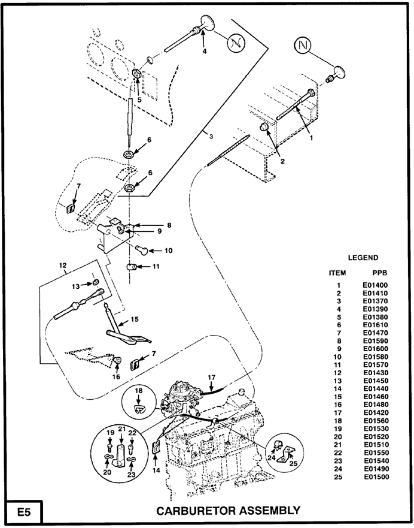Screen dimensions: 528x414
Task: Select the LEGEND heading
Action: click(363, 258)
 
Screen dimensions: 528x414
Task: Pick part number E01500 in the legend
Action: click(375, 477)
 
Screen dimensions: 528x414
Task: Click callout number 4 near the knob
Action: click(204, 52)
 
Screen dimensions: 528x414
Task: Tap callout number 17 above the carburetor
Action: click(211, 378)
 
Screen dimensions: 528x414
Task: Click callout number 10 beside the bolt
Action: click(169, 250)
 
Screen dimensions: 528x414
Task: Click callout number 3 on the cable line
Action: click(211, 137)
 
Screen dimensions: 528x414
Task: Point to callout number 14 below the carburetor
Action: click(154, 471)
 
